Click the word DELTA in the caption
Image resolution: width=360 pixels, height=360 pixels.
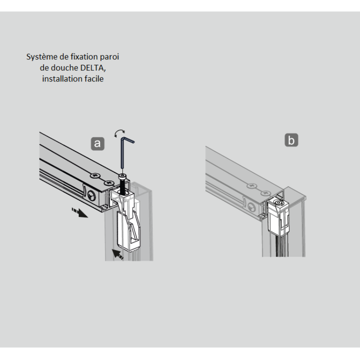click(93, 68)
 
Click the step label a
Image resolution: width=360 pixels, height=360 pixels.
click(98, 144)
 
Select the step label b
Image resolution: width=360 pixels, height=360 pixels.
click(291, 140)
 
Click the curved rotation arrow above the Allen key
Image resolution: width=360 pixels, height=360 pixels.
click(119, 133)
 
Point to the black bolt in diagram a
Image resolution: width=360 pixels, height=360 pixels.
click(122, 184)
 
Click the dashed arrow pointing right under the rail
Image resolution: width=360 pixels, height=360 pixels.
click(80, 212)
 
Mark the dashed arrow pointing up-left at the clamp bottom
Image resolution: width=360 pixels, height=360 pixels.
click(117, 254)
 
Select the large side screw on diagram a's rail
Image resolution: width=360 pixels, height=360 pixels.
click(92, 196)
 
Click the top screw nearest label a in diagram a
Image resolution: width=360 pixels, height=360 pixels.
click(95, 175)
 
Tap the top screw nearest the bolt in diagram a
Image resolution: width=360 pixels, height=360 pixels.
click(109, 183)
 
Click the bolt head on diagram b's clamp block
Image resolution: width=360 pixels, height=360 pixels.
click(279, 203)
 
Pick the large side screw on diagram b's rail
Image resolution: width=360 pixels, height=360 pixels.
click(252, 208)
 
